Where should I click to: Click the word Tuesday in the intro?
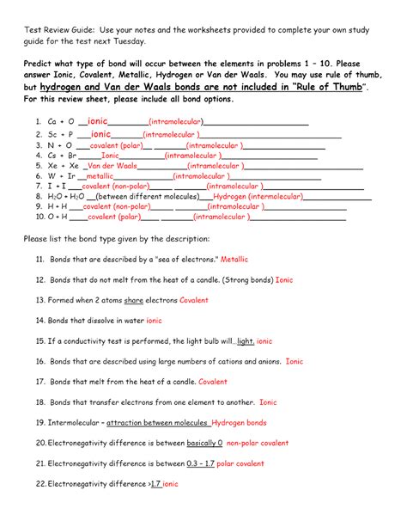tap(133, 41)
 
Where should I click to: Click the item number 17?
tap(40, 382)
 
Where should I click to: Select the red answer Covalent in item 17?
tap(213, 382)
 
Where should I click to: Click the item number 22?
tap(40, 483)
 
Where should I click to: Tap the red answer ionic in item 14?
tap(154, 321)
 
